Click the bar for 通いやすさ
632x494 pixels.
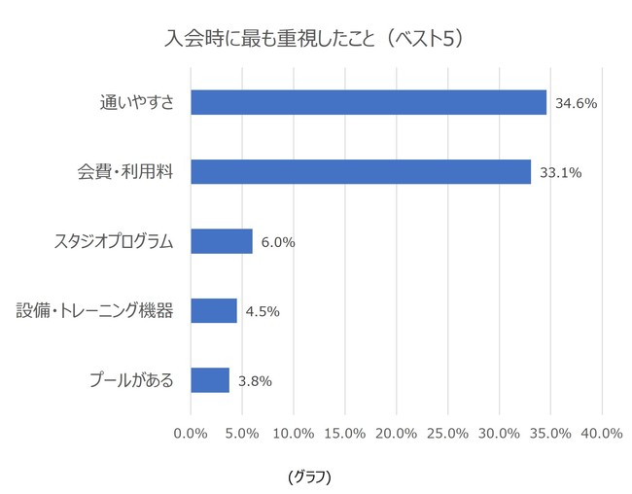tap(369, 102)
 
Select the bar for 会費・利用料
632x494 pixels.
tap(361, 172)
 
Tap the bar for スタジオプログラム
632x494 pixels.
tap(222, 241)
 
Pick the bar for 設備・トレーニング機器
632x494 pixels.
tap(214, 310)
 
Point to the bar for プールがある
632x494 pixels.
tap(210, 379)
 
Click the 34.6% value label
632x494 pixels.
tap(575, 102)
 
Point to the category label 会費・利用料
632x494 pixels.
tap(125, 172)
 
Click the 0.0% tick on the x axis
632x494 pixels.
tap(191, 433)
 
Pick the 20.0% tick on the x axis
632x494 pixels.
tap(397, 433)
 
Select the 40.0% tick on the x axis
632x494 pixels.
tap(602, 433)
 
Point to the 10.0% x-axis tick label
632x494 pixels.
tap(294, 433)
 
